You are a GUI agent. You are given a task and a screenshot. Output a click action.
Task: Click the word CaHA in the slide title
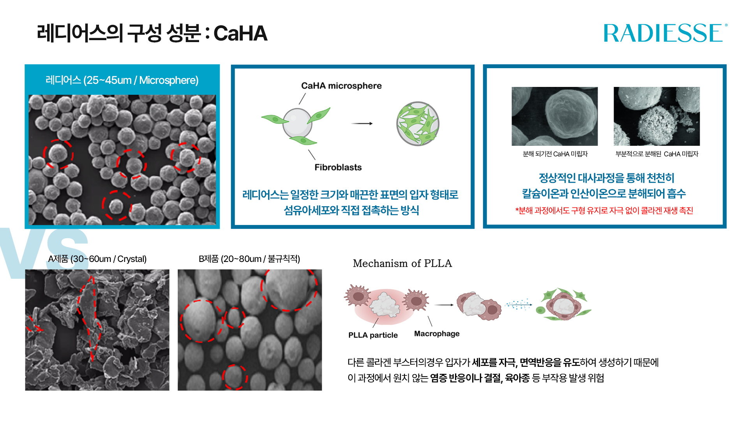click(240, 33)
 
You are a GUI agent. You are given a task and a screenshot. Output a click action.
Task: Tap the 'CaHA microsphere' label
click(341, 86)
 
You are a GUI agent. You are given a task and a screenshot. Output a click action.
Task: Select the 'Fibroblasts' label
click(338, 167)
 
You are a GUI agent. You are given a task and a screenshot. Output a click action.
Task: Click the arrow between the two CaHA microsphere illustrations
click(362, 124)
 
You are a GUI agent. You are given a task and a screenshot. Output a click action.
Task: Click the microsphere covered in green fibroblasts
click(418, 124)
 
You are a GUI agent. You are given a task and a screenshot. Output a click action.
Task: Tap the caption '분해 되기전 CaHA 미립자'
click(555, 154)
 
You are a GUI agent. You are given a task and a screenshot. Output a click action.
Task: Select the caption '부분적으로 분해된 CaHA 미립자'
click(657, 154)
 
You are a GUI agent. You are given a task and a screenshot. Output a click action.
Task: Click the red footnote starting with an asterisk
click(604, 210)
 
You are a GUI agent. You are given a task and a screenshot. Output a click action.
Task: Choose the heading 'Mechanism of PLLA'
click(402, 264)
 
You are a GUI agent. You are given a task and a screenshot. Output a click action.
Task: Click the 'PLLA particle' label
click(373, 335)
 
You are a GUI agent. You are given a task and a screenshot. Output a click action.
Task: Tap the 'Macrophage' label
click(437, 334)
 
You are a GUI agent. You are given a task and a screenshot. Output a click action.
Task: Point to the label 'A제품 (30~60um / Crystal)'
click(97, 259)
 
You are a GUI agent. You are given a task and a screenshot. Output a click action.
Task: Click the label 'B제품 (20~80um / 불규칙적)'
click(249, 259)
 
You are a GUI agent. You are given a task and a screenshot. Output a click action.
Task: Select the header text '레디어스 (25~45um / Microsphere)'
click(122, 80)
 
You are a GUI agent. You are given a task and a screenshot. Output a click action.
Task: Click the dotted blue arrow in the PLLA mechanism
click(519, 304)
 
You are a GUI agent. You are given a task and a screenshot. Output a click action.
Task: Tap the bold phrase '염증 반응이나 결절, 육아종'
click(480, 378)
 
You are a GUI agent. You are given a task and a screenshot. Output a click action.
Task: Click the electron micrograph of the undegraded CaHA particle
click(554, 116)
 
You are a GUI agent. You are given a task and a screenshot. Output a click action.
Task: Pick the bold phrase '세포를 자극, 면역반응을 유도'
click(526, 363)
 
